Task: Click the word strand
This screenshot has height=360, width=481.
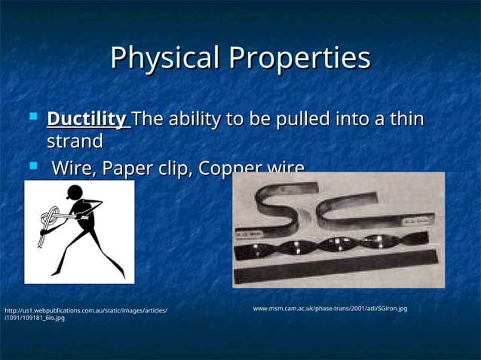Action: click(75, 142)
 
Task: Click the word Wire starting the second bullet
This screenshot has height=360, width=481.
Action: click(73, 167)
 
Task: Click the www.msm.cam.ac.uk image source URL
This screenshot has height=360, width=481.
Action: click(329, 309)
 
